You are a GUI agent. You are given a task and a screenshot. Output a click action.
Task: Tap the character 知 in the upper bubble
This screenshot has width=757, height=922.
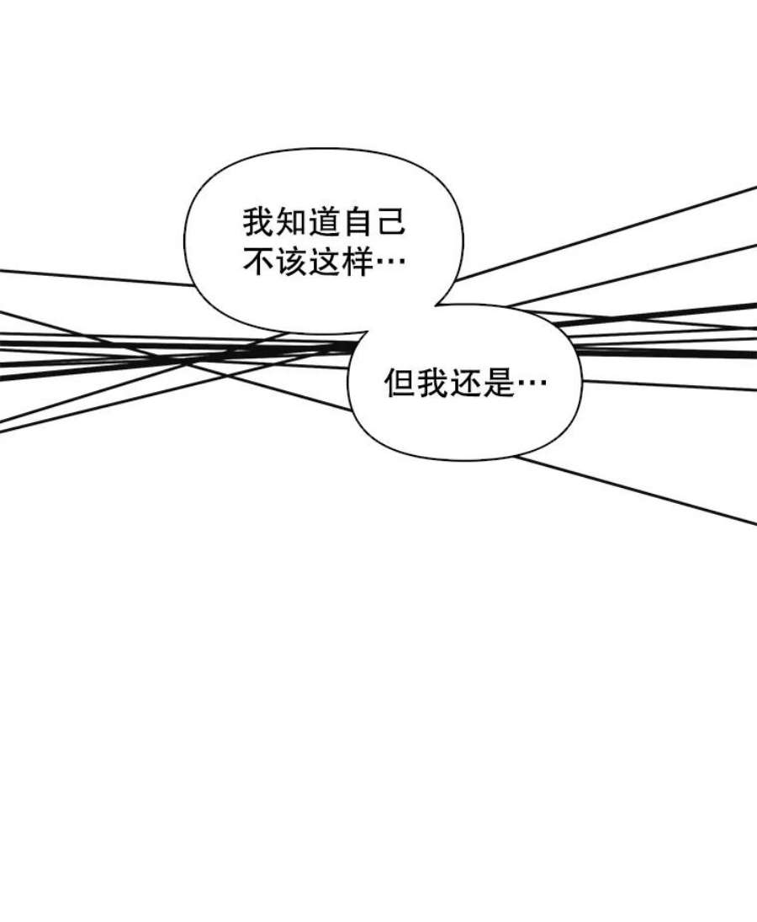291,223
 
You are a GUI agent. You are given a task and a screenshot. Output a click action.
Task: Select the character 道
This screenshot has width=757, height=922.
324,223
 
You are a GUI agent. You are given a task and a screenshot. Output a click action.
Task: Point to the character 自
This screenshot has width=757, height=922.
357,223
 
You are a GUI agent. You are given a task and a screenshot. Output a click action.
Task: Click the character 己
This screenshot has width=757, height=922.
389,223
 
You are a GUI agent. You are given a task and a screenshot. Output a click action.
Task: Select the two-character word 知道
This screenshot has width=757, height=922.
308,223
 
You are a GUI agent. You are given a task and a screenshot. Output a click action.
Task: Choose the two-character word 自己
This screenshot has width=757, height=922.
373,223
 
